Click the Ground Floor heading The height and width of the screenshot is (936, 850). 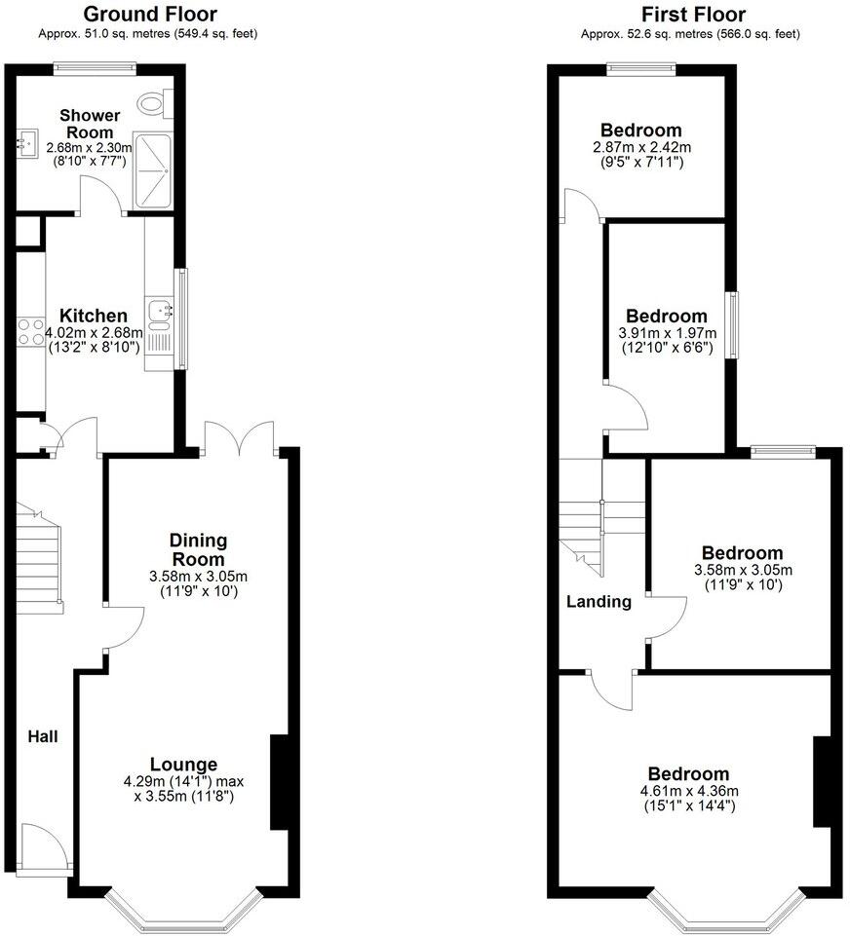[x=149, y=14]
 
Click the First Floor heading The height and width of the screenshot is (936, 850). [x=693, y=14]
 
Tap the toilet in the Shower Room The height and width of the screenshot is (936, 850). [x=152, y=99]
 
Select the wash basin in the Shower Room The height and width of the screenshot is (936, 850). [x=25, y=143]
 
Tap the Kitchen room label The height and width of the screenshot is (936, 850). [x=94, y=316]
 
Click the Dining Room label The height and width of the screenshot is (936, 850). [x=198, y=549]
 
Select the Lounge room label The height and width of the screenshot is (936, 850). [x=183, y=764]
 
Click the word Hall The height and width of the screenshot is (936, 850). [x=43, y=737]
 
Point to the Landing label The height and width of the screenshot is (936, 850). [x=599, y=602]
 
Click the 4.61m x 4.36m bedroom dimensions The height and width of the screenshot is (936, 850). [x=691, y=791]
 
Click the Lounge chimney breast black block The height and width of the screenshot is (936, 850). [x=278, y=783]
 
